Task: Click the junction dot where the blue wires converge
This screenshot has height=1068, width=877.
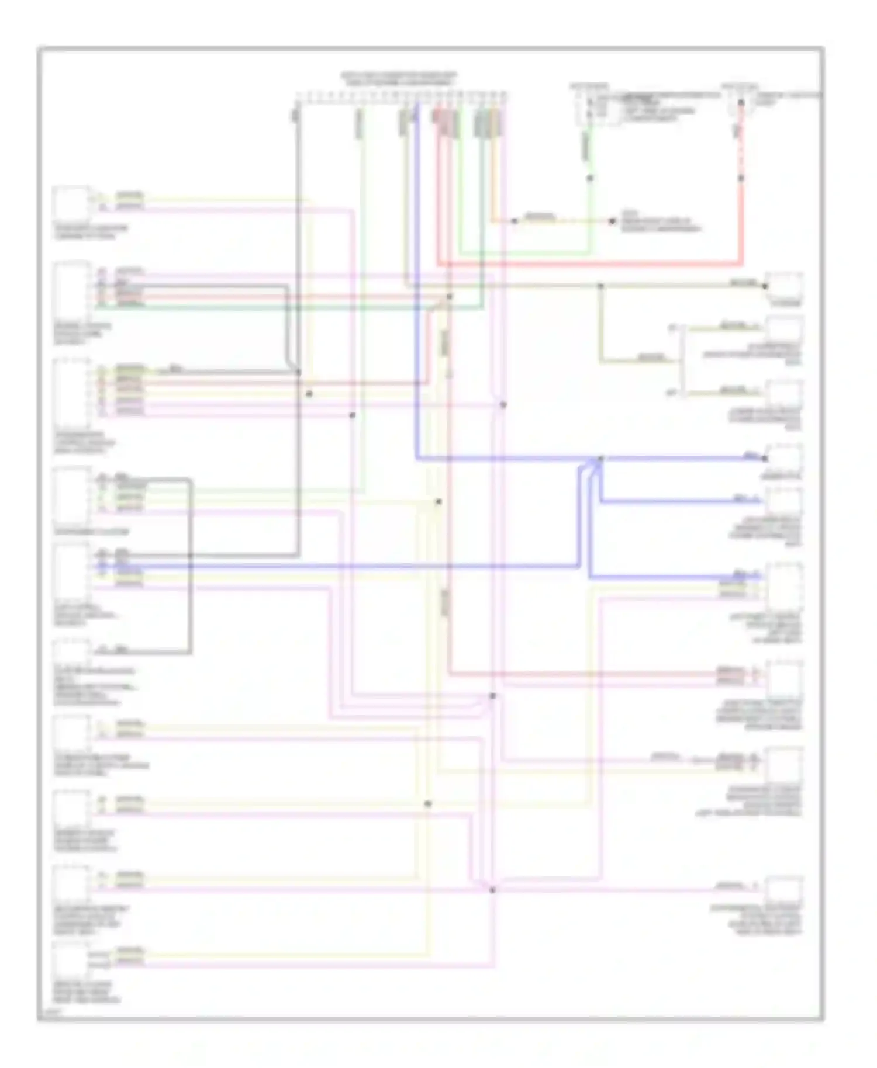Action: click(600, 459)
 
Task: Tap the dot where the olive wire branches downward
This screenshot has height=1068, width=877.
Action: click(600, 286)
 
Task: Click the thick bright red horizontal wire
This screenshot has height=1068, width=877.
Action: click(585, 263)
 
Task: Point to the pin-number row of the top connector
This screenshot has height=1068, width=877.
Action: click(400, 94)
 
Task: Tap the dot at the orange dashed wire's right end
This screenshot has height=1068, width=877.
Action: click(612, 221)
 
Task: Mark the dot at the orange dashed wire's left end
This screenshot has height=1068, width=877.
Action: click(514, 221)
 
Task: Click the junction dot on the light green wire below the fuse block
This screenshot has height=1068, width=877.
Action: click(590, 178)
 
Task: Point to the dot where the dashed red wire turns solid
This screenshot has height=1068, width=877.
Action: click(741, 178)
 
